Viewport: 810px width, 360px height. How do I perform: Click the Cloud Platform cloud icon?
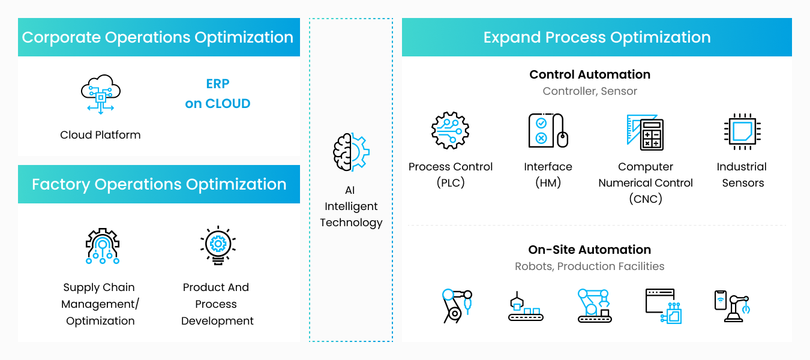click(101, 94)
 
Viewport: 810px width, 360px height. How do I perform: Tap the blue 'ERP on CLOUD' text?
click(218, 94)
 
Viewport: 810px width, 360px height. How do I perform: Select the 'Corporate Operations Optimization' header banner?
click(159, 37)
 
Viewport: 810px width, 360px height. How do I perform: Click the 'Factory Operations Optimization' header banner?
click(159, 184)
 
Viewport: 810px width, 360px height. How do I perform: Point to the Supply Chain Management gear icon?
click(103, 246)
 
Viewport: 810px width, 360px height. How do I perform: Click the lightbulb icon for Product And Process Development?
click(218, 245)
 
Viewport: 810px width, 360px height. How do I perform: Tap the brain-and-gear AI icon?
click(351, 152)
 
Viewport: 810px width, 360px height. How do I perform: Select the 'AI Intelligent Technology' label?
click(351, 206)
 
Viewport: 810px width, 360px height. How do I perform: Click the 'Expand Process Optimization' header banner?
click(596, 37)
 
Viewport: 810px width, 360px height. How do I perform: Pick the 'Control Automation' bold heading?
click(590, 74)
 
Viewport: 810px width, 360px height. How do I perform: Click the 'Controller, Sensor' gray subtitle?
click(590, 91)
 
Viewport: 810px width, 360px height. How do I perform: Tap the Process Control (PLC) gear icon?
click(450, 130)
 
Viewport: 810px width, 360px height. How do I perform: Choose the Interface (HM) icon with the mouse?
click(548, 130)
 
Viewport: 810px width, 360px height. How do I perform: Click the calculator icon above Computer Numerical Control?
click(645, 132)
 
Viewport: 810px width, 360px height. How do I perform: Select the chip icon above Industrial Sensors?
click(742, 131)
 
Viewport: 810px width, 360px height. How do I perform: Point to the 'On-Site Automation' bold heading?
click(589, 250)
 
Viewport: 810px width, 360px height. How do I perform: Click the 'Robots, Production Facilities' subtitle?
click(589, 266)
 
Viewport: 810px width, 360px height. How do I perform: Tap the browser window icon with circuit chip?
click(664, 306)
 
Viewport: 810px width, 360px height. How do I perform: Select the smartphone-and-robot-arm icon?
click(733, 306)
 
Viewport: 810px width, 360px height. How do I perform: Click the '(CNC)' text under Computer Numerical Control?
click(646, 199)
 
